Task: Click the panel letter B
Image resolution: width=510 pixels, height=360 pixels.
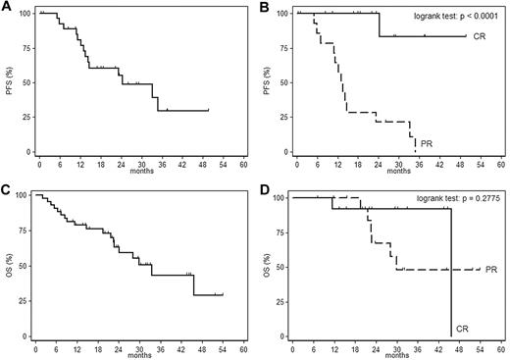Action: point(268,7)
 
